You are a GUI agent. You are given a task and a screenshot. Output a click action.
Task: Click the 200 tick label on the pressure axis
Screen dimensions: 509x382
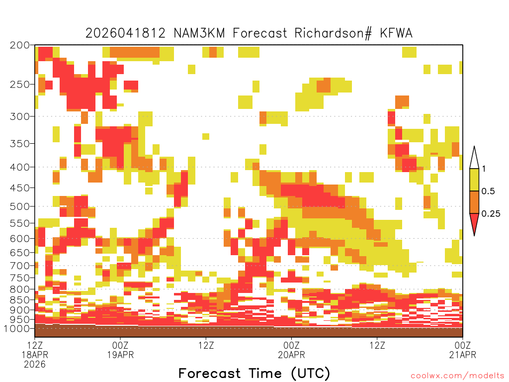click(20, 45)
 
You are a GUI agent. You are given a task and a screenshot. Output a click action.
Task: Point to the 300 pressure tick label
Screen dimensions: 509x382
click(20, 116)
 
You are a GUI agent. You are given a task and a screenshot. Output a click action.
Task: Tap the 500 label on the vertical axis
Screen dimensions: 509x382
click(20, 206)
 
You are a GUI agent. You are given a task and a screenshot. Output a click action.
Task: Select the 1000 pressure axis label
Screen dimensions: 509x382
click(17, 328)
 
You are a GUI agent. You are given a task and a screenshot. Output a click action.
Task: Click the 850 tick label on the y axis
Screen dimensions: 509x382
click(20, 299)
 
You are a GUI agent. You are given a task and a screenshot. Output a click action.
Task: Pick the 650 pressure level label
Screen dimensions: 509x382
click(20, 252)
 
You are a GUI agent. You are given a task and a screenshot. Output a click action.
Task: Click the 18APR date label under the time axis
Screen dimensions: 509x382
click(35, 355)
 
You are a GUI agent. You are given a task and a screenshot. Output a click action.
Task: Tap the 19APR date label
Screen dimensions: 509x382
click(120, 355)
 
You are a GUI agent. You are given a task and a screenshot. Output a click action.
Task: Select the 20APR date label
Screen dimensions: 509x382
click(291, 355)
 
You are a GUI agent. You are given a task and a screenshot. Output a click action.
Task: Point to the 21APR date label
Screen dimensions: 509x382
click(463, 355)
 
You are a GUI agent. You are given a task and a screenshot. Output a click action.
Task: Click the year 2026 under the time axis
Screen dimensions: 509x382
click(35, 365)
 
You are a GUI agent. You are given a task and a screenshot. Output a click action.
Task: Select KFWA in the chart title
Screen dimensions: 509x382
click(396, 33)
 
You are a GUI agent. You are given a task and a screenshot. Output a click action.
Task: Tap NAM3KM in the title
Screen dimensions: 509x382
click(199, 33)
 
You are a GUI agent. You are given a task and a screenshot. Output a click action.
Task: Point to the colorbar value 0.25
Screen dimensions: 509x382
click(491, 213)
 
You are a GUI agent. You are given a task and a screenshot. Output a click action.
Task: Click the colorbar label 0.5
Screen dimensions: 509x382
click(488, 191)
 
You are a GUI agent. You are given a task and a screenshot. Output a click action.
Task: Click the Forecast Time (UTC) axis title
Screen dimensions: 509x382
click(254, 373)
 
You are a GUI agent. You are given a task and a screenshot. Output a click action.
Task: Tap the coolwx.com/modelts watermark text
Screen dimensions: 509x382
click(457, 376)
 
